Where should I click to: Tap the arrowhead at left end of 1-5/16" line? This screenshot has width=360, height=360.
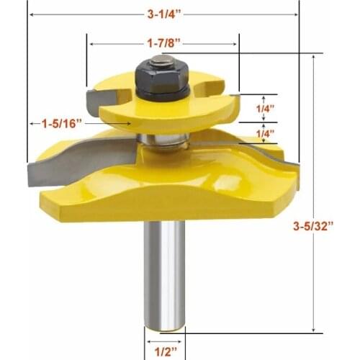[x=32, y=124]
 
